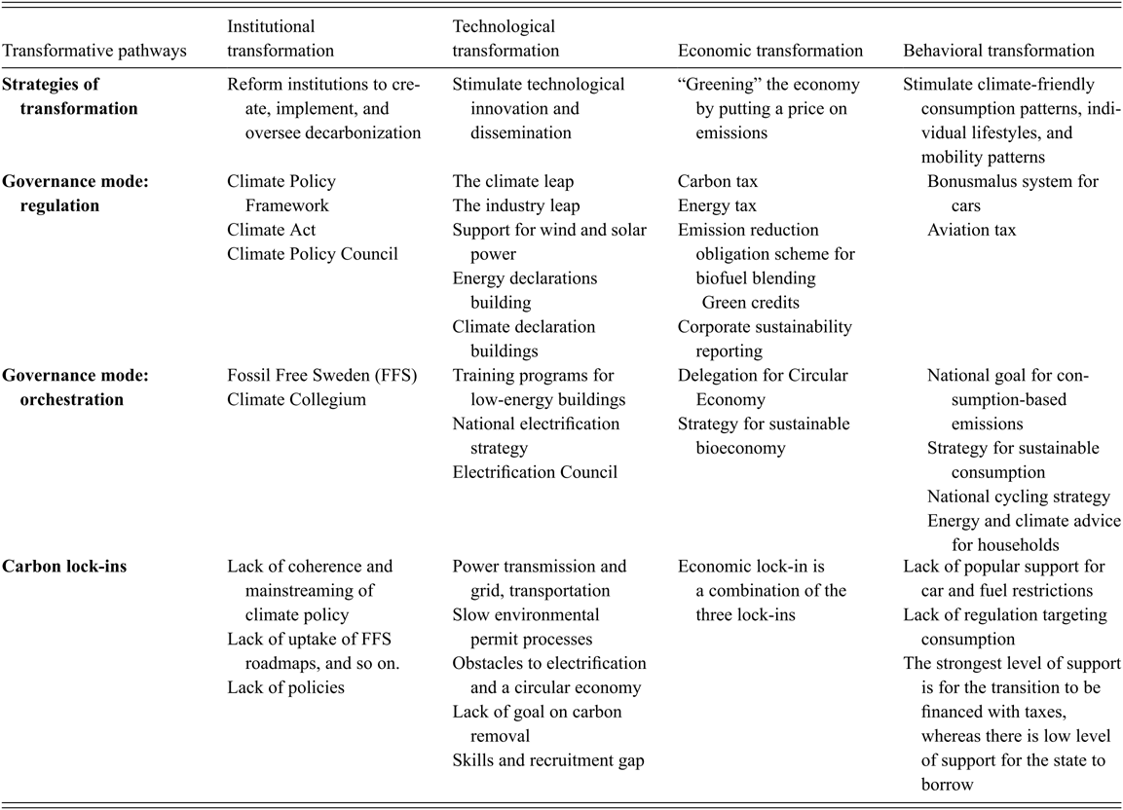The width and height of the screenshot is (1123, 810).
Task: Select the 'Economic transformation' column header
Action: coord(770,51)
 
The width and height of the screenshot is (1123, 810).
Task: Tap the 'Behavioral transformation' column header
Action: coord(999,51)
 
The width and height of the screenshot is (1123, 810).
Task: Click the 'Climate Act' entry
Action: coord(272,230)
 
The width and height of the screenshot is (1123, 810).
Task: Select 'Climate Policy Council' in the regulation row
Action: coord(313,254)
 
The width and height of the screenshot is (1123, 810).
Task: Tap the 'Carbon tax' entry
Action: coord(718,182)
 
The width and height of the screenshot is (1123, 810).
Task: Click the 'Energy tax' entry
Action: coord(718,206)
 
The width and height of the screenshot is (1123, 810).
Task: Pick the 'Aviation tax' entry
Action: coord(971,230)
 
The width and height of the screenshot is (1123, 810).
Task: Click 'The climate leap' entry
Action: coord(513,182)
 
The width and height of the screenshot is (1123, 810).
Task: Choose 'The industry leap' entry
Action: coord(516,206)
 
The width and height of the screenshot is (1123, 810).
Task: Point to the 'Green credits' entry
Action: coord(751,303)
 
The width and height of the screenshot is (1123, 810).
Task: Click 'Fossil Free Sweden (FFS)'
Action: coord(322,375)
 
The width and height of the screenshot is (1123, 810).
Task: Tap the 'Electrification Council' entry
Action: coord(535,472)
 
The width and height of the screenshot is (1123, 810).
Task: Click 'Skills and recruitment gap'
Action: coord(548,759)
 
